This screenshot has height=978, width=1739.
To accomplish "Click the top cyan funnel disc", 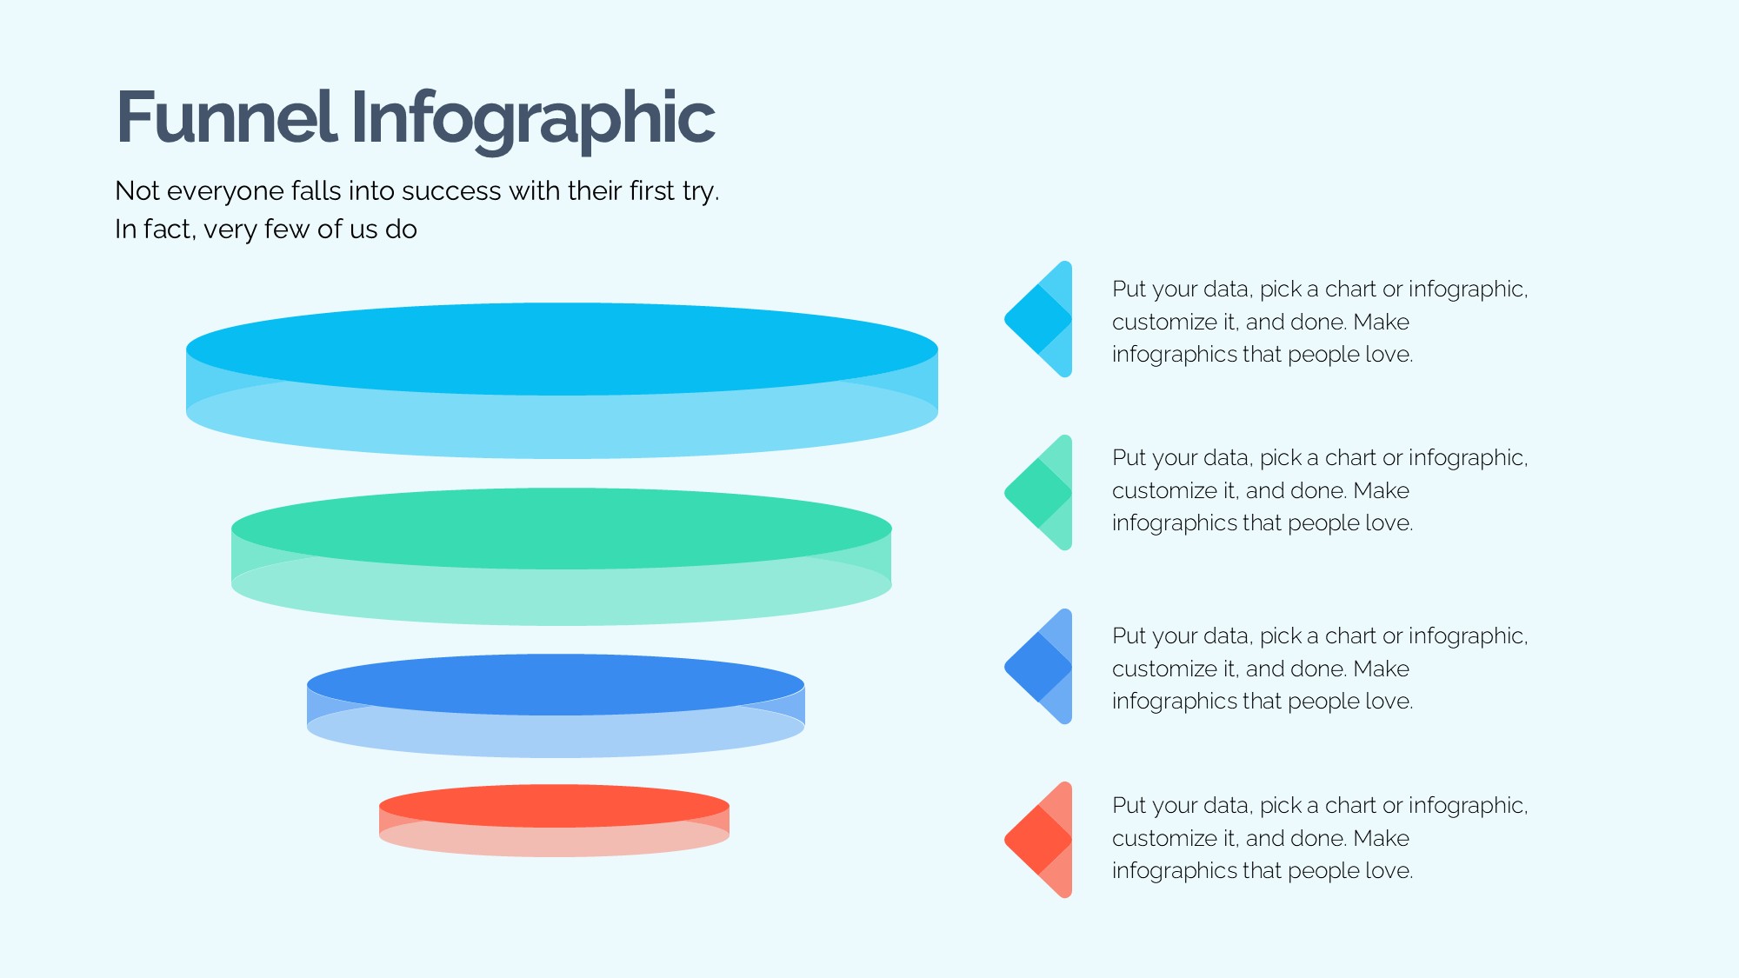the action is (x=562, y=380).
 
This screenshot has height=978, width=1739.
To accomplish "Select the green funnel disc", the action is (x=562, y=556).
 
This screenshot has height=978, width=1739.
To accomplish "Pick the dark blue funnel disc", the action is (x=556, y=705).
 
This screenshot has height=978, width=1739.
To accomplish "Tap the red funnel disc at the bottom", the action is (x=554, y=820).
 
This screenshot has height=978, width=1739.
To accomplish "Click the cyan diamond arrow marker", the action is (x=1038, y=319).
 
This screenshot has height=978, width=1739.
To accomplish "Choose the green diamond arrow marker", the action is (x=1038, y=492).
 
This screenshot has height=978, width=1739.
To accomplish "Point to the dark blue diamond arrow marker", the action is (x=1038, y=666).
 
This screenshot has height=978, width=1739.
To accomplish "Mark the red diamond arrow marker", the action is (x=1038, y=840).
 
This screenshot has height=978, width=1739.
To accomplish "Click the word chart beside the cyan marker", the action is (x=1350, y=289).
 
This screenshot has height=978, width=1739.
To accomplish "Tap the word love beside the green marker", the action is (x=1389, y=522).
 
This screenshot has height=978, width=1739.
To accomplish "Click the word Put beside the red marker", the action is (x=1129, y=805).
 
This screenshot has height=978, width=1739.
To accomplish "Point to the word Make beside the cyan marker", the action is (x=1382, y=322).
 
